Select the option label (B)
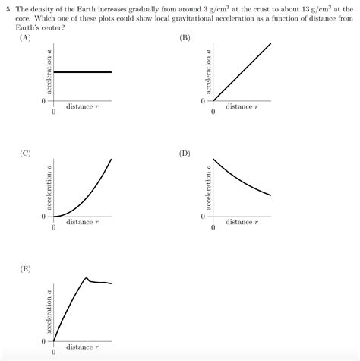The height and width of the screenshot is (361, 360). (x=185, y=37)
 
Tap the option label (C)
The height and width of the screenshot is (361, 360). (x=25, y=153)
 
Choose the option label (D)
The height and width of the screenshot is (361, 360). (x=185, y=153)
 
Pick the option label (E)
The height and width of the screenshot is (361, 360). (x=25, y=269)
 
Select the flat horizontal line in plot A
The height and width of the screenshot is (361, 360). (x=82, y=72)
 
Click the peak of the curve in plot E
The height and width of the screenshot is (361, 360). (x=87, y=278)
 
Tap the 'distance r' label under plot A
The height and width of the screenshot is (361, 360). (x=82, y=106)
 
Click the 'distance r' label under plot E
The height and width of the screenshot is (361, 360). (x=82, y=347)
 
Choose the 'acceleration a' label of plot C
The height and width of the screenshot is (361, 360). (x=49, y=187)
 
